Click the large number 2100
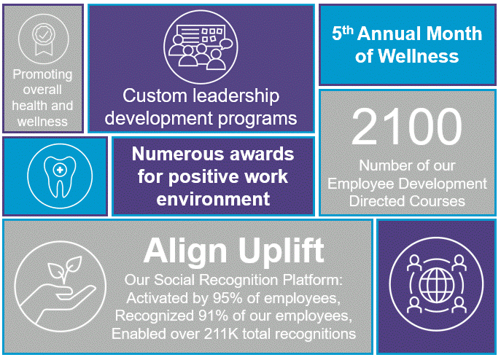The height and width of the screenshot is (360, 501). [x=406, y=128]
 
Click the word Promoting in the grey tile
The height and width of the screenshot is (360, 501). [x=43, y=75]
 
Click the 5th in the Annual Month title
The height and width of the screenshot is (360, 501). [x=341, y=34]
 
